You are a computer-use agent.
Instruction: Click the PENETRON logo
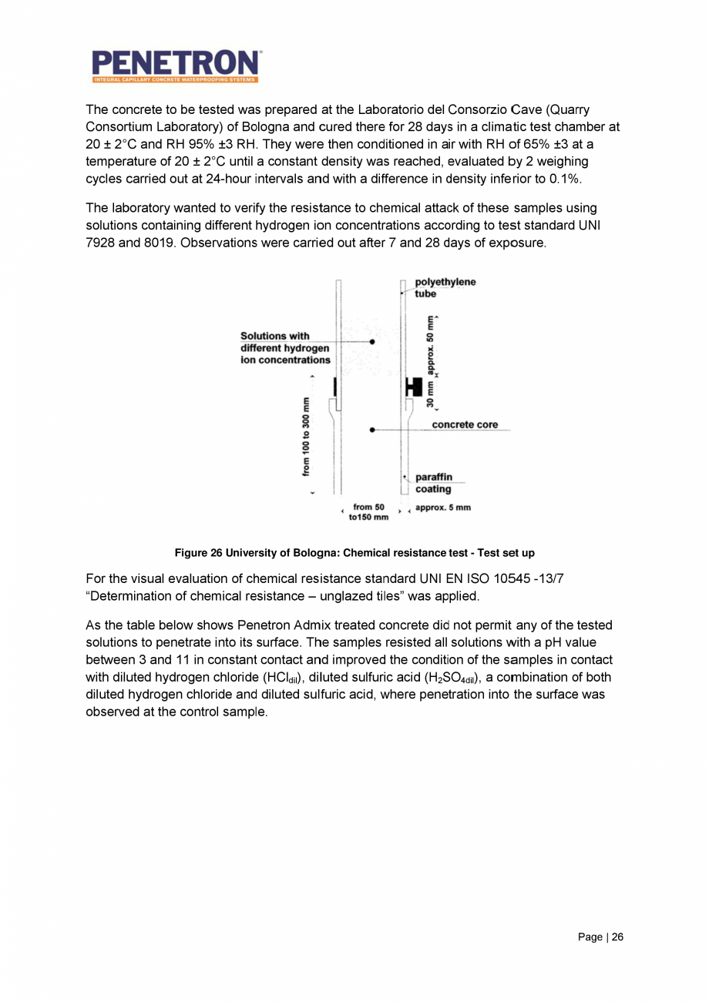(175, 65)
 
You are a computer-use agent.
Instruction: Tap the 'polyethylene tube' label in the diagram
(445, 287)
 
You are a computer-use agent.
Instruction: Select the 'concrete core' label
(465, 424)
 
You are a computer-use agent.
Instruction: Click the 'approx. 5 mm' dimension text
(442, 508)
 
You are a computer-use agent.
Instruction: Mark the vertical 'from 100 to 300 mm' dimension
(307, 435)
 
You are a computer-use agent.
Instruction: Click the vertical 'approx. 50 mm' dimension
(432, 343)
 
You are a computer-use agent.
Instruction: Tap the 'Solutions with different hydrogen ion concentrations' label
(285, 347)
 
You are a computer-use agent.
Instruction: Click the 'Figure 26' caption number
(197, 553)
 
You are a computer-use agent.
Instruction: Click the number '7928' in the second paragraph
(103, 243)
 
